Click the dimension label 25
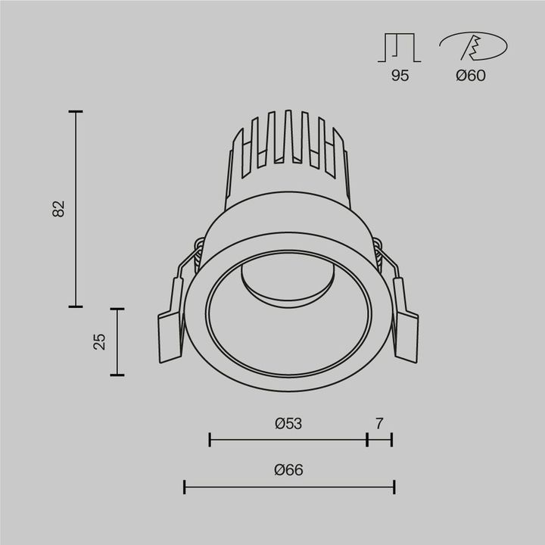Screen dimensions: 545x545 click(x=99, y=341)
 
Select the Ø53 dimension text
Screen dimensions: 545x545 click(x=288, y=424)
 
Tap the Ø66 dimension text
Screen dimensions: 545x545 click(x=288, y=470)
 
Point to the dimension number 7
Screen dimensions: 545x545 click(x=379, y=424)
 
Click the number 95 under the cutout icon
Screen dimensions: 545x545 click(x=400, y=76)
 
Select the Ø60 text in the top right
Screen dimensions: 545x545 click(x=471, y=76)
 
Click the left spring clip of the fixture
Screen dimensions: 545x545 click(x=173, y=318)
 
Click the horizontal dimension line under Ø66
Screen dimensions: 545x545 click(x=289, y=486)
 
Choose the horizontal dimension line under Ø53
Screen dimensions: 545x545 click(x=288, y=439)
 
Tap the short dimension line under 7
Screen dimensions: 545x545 click(x=379, y=439)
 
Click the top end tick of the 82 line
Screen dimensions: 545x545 click(x=75, y=112)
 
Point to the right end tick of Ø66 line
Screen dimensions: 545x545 click(x=394, y=486)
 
